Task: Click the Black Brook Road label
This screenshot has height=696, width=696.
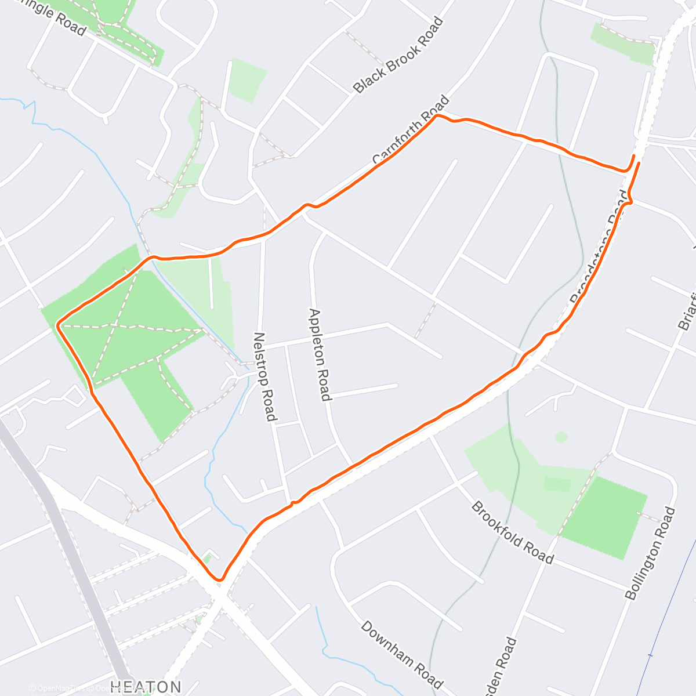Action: [x=398, y=55]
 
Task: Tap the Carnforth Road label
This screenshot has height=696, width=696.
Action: [x=411, y=130]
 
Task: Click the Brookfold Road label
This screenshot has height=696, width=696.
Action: [x=512, y=532]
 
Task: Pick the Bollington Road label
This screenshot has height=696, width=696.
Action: [x=651, y=553]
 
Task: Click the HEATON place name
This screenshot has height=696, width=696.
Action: [x=146, y=687]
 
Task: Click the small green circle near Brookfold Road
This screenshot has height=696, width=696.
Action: [x=561, y=437]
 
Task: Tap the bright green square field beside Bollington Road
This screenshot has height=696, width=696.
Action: [x=605, y=516]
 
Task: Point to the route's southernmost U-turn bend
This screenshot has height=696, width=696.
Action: [x=219, y=578]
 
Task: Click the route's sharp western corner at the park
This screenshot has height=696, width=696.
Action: [x=58, y=325]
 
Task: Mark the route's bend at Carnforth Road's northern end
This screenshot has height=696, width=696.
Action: [x=437, y=116]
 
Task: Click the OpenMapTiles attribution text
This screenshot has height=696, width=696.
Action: [x=55, y=689]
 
